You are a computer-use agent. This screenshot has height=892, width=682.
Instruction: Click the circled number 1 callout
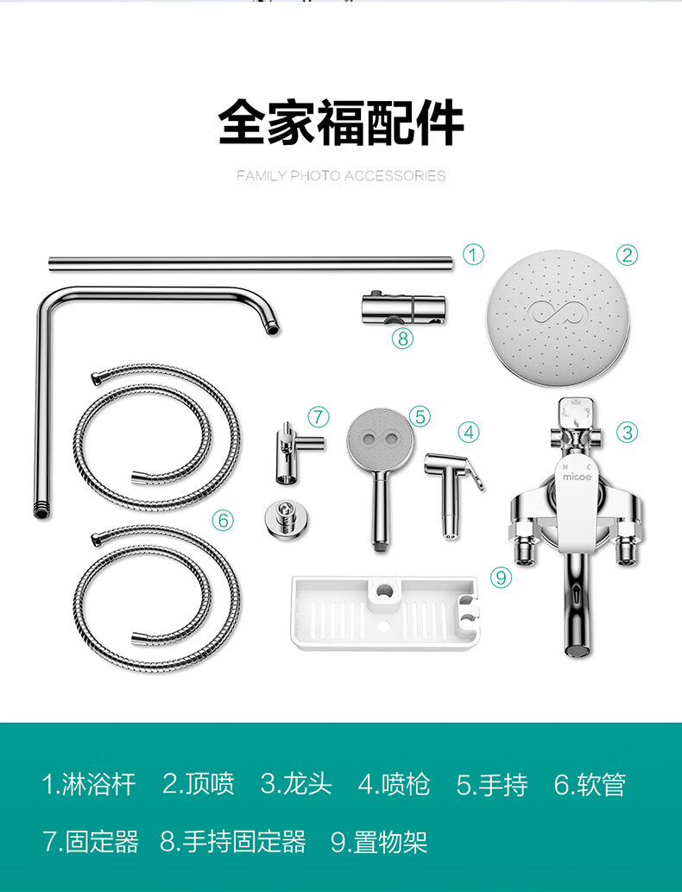473,254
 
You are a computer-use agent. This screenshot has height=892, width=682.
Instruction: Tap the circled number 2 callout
627,254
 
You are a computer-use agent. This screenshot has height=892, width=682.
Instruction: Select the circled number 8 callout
402,338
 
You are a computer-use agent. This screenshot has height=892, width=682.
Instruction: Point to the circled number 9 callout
501,578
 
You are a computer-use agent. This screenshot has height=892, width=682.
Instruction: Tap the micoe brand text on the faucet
577,477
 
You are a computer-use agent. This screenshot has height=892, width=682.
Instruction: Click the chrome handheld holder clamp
404,309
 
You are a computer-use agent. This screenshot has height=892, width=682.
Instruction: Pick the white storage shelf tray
386,613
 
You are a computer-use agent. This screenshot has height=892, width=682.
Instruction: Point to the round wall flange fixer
287,518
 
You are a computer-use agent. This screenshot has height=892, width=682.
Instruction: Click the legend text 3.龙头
296,784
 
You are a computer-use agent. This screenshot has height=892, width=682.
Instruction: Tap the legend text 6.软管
590,784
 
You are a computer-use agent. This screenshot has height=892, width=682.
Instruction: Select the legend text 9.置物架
379,842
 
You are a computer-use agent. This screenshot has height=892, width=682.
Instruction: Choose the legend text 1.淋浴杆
89,784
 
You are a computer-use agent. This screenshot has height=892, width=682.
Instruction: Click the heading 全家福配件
341,123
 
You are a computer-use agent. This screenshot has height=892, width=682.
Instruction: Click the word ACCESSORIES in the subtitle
395,176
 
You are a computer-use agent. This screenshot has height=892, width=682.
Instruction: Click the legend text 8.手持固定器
232,842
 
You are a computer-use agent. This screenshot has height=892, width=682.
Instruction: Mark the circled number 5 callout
420,416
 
